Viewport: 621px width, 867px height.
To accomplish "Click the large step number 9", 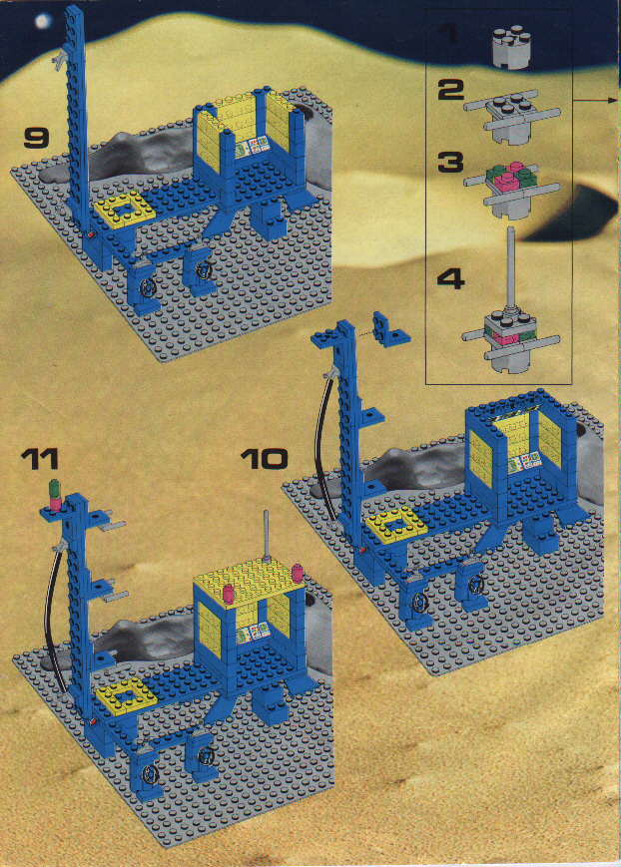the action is coord(37,138).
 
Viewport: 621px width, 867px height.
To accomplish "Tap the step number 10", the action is coord(265,459).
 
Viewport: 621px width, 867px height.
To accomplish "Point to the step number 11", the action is coord(40,459).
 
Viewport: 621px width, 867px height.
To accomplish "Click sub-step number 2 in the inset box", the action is coord(450,90).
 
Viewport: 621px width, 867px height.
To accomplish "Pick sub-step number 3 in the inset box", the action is coord(450,163).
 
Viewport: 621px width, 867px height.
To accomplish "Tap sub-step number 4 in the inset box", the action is coord(450,279).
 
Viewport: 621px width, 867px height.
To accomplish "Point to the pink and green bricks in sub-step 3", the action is coord(512,178).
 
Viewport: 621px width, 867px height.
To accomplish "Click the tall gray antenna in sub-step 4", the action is coord(511,271).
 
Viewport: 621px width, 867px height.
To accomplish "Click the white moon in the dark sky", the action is coord(42,21).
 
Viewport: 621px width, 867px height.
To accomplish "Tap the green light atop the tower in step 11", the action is coord(55,487).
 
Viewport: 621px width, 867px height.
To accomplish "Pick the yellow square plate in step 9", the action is coord(126,208).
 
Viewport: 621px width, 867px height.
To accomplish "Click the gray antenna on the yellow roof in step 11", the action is coord(267,536).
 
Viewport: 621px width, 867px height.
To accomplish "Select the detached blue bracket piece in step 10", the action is coord(390,329).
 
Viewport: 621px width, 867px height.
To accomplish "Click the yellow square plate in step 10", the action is coord(396,523).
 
